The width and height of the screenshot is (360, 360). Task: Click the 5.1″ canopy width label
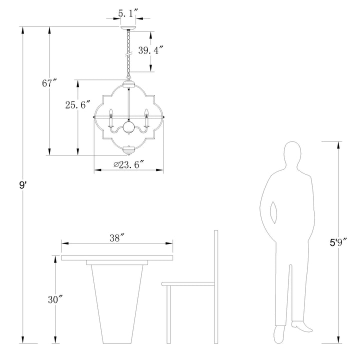pos(128,14)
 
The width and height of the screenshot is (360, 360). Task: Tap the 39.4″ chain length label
pos(150,50)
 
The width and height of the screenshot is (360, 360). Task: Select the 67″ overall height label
pos(49,83)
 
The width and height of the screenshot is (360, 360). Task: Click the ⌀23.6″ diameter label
pos(129,164)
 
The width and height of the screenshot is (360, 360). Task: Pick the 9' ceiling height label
pos(23,185)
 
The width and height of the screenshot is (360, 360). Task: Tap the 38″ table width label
pos(117,238)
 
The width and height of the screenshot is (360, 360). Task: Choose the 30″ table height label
pos(55,299)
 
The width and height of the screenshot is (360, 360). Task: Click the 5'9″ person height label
pos(338,242)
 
